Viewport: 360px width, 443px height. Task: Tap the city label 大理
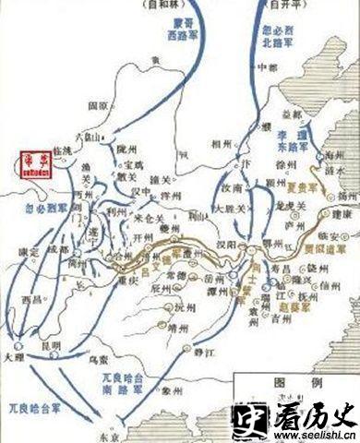click(x=12, y=354)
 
